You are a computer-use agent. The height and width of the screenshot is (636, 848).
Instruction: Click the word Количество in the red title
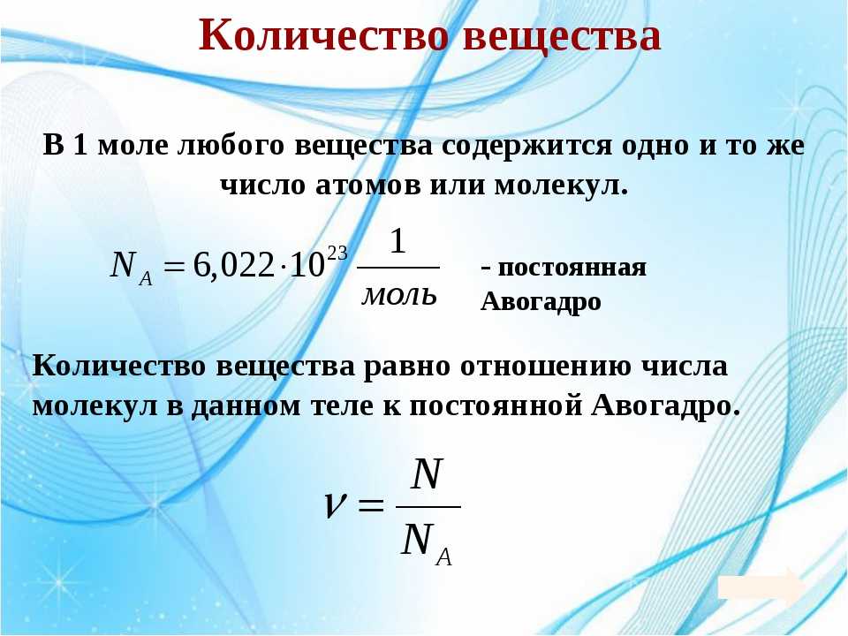(324, 35)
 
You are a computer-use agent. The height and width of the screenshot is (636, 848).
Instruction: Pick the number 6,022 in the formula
(233, 266)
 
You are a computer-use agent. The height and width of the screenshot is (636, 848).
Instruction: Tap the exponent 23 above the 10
(337, 254)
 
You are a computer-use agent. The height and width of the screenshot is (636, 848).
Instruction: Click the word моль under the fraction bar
(399, 297)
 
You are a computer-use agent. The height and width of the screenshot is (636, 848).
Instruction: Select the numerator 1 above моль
(397, 241)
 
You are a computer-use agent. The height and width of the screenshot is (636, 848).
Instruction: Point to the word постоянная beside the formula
(572, 268)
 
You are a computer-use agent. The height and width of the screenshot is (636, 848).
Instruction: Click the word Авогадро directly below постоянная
(541, 301)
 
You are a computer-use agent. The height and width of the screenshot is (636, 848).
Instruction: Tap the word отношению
(546, 366)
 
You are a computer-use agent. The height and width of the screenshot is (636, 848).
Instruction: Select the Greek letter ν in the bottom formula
(334, 505)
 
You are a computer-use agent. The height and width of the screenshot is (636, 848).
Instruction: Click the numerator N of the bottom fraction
(427, 474)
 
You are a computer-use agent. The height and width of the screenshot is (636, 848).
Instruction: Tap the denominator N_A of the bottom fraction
(427, 543)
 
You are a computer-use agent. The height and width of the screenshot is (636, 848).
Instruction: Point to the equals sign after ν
(371, 506)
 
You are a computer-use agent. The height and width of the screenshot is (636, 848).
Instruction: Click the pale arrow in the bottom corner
(761, 587)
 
